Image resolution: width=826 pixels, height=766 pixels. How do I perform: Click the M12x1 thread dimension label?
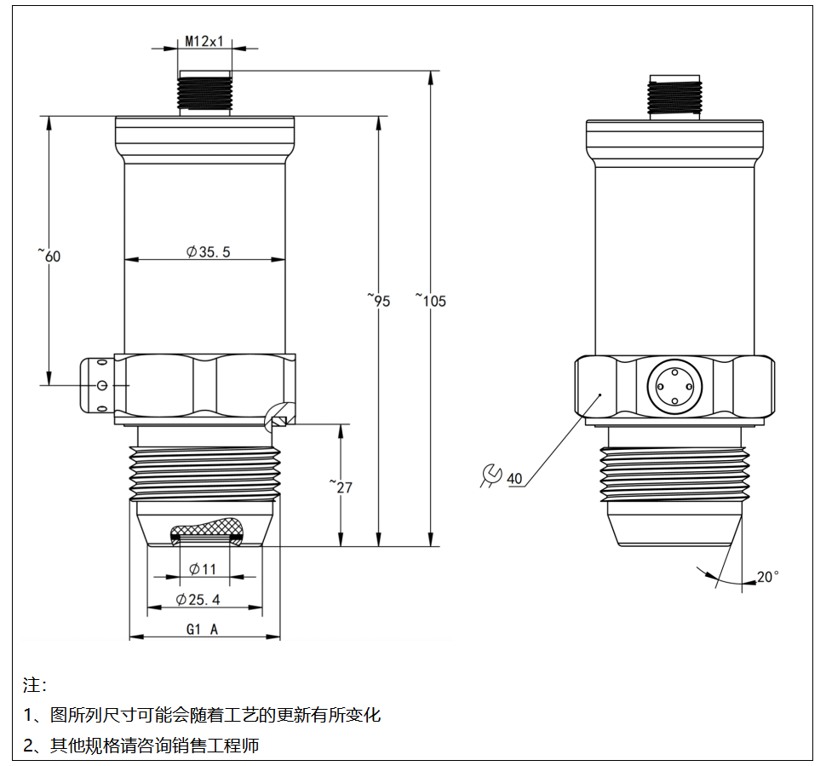click(204, 40)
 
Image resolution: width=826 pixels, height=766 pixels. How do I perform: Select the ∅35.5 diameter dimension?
click(209, 251)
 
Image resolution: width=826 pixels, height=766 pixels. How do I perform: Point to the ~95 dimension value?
click(380, 300)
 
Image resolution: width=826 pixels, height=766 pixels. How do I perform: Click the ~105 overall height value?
click(432, 300)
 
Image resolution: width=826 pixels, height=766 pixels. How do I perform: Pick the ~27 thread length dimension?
click(341, 487)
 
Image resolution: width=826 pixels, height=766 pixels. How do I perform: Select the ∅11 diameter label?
click(203, 569)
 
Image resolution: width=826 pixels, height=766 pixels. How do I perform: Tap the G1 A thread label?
click(203, 630)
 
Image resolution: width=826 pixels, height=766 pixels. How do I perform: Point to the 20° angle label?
click(767, 577)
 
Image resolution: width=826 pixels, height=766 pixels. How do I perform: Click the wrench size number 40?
click(514, 478)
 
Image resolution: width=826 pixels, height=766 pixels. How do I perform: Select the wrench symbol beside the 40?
click(490, 476)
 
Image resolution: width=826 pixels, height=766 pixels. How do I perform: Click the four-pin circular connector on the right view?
click(674, 388)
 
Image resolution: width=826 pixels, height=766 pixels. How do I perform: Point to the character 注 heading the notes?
click(32, 685)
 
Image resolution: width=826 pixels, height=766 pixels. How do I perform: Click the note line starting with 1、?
click(203, 715)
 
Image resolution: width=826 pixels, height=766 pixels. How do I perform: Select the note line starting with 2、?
click(141, 746)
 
